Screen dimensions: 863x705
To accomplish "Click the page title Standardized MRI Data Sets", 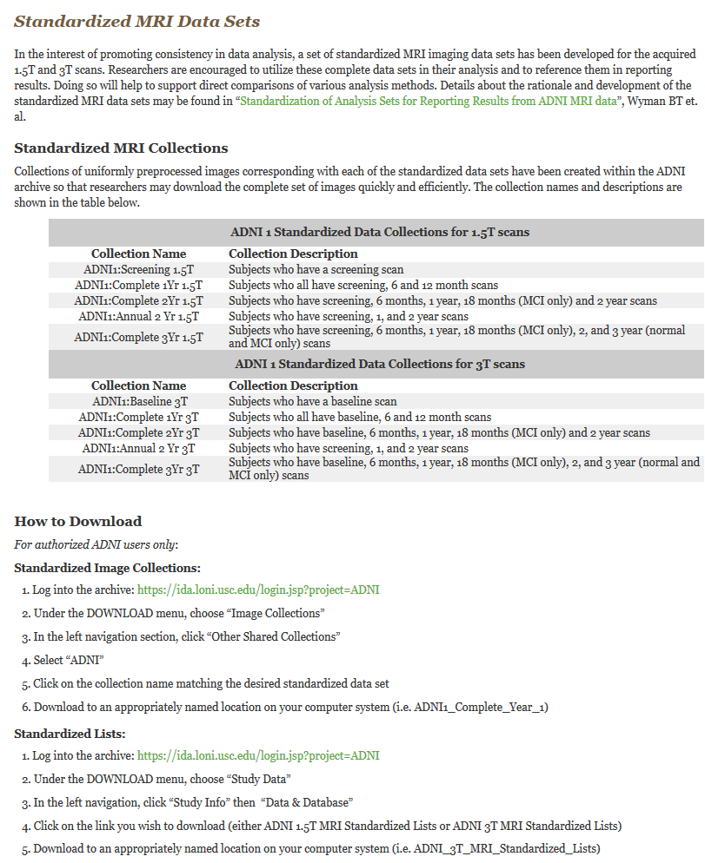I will click(x=136, y=21).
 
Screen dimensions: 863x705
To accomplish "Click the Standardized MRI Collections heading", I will click(x=121, y=148).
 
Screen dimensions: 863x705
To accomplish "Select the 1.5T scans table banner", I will click(x=380, y=232).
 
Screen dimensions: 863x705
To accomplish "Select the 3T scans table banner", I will click(x=380, y=364).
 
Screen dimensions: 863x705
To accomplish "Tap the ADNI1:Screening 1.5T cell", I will click(x=139, y=269).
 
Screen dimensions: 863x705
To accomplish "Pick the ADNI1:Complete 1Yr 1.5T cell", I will click(x=139, y=285).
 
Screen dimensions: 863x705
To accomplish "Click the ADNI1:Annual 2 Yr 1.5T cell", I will click(x=139, y=316).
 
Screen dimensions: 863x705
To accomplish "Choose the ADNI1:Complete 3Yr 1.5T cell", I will click(x=139, y=337).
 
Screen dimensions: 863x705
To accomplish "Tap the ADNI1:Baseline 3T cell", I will click(x=139, y=401).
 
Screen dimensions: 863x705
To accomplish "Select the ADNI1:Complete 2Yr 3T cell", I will click(x=139, y=432).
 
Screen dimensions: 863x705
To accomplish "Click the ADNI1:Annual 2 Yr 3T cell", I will click(x=139, y=448).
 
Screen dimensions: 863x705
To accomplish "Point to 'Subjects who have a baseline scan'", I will click(x=312, y=401).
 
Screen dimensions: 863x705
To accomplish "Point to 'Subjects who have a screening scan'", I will click(x=316, y=269).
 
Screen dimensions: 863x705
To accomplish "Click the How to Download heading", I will click(x=77, y=521).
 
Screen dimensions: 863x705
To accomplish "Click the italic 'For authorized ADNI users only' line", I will click(x=96, y=544).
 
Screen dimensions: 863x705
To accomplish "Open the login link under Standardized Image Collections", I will click(x=258, y=590).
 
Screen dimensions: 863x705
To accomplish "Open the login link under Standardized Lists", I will click(x=258, y=755).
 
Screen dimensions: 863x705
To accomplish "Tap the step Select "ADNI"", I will click(x=69, y=660).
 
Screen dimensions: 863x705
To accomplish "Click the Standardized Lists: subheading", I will click(x=70, y=734).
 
